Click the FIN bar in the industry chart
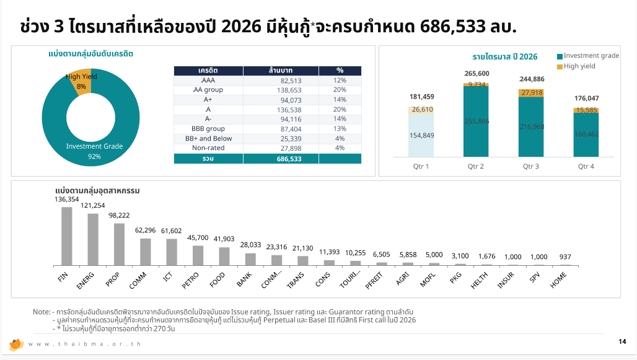click(x=66, y=236)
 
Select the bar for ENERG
click(x=93, y=239)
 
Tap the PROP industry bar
click(x=119, y=244)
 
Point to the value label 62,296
click(x=145, y=230)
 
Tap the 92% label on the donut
click(x=94, y=157)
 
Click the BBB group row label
click(x=208, y=129)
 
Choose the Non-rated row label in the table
click(x=208, y=148)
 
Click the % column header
click(x=340, y=71)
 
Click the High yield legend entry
click(x=579, y=66)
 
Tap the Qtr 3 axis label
click(x=531, y=167)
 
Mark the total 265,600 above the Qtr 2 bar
click(x=476, y=74)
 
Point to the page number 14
click(x=622, y=341)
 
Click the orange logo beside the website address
click(x=16, y=344)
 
